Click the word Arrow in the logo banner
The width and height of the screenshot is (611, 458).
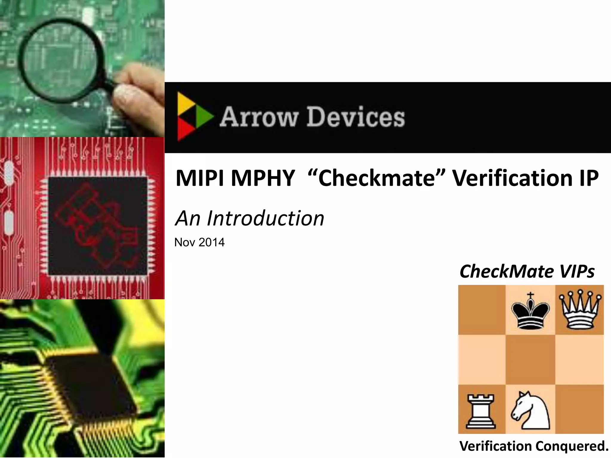(x=259, y=117)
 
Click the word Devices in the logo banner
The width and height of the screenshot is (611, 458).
(x=356, y=117)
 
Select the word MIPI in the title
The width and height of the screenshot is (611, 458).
(x=200, y=178)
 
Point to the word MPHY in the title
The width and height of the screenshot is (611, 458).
(x=263, y=178)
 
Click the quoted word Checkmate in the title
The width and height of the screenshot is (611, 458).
(x=376, y=178)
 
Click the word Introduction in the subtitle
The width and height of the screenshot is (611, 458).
(x=265, y=218)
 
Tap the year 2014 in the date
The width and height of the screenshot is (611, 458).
(x=212, y=242)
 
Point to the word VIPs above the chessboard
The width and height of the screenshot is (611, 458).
(x=577, y=271)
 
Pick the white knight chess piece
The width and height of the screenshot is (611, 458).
(x=530, y=410)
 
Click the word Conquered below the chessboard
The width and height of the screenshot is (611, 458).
(x=572, y=446)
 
